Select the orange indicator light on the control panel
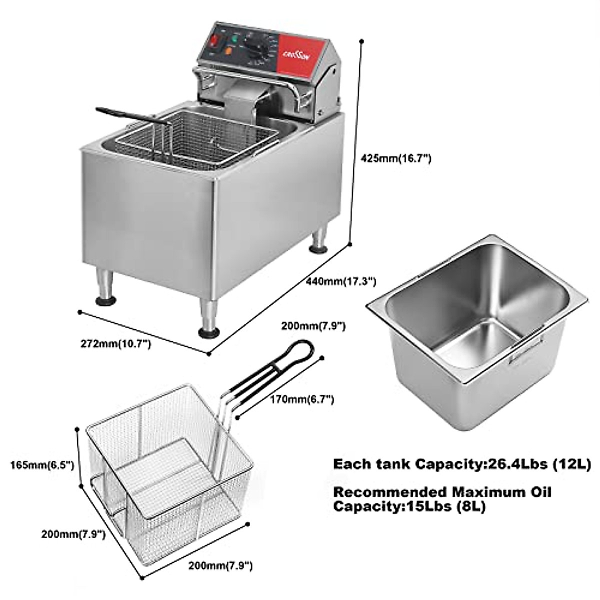pyautogui.click(x=229, y=50)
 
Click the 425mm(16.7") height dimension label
pyautogui.click(x=396, y=159)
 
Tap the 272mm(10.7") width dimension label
pyautogui.click(x=115, y=344)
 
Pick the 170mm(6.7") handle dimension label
pyautogui.click(x=301, y=399)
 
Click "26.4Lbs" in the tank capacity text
pyautogui.click(x=516, y=464)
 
